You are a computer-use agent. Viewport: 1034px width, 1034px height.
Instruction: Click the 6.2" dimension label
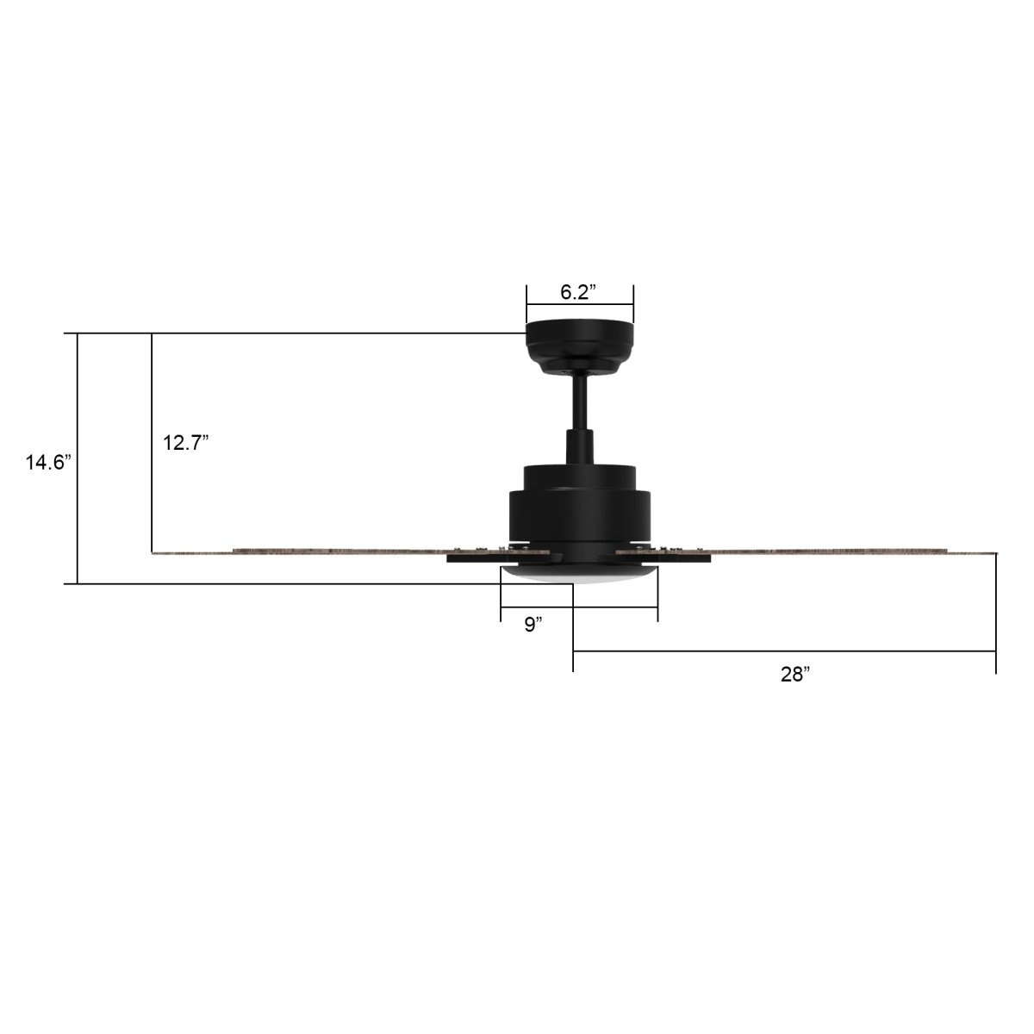tap(579, 292)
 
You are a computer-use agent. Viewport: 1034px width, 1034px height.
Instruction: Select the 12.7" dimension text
tap(186, 444)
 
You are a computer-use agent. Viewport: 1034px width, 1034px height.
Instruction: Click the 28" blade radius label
tap(795, 675)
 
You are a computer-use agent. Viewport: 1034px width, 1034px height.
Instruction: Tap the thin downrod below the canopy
tap(580, 401)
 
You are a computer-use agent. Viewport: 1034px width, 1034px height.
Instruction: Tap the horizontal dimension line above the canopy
tap(580, 305)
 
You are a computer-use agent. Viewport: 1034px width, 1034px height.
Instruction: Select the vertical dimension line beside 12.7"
tap(152, 500)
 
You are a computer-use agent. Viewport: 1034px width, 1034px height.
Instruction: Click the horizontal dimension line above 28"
tap(784, 651)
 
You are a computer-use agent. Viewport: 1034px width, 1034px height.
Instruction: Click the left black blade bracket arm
tap(474, 559)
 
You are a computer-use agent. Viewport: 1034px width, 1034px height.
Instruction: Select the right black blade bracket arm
tap(681, 559)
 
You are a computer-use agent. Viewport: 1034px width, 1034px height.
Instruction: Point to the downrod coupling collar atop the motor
tap(579, 446)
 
